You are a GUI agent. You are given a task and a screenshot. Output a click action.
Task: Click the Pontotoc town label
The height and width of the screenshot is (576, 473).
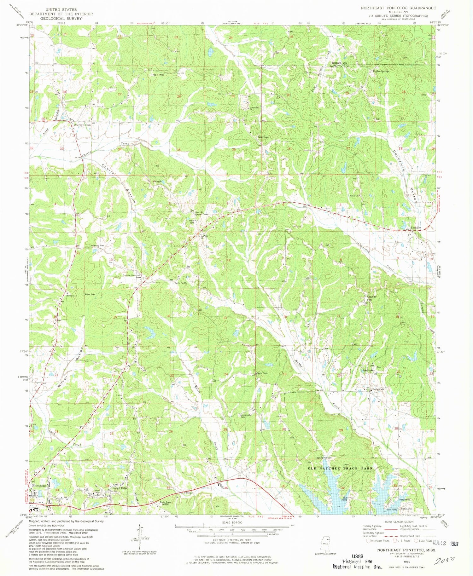(40, 486)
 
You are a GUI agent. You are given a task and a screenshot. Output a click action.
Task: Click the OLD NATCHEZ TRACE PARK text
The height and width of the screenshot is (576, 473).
(340, 469)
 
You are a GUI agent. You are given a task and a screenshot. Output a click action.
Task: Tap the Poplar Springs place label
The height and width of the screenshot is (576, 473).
(381, 71)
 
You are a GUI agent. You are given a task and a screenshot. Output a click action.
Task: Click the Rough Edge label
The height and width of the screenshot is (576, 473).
(120, 488)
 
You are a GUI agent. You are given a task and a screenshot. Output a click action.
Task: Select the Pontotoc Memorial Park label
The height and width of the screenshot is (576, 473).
(131, 276)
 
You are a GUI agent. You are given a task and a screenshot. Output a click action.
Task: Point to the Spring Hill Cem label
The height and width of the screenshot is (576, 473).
(324, 458)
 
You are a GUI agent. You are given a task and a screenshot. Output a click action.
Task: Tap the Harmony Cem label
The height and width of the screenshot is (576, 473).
(97, 245)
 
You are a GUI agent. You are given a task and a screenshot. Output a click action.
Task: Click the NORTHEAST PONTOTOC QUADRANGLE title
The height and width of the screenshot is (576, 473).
(398, 8)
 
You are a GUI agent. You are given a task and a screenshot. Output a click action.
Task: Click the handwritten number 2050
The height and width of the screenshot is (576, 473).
(444, 561)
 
